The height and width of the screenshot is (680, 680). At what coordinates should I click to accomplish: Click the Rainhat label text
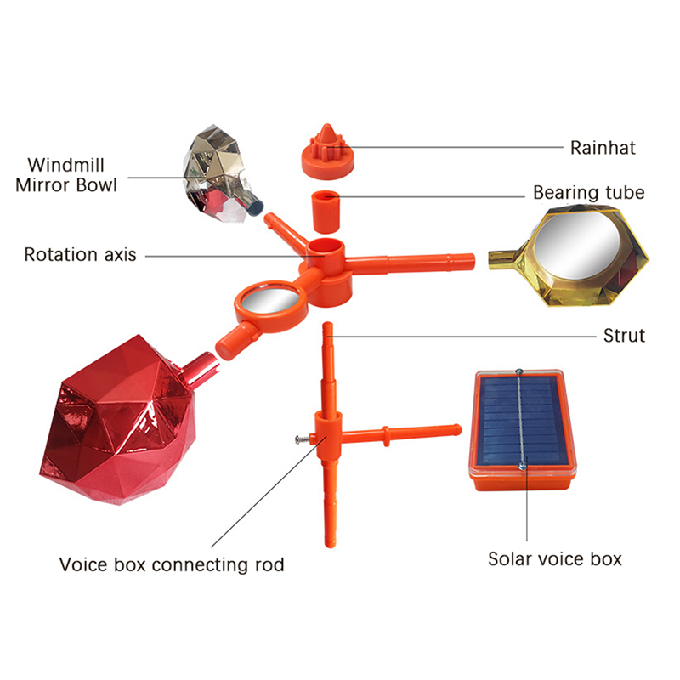(x=603, y=148)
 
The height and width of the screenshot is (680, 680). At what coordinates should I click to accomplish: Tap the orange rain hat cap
(x=327, y=153)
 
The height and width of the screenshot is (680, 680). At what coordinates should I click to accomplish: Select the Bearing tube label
(x=588, y=193)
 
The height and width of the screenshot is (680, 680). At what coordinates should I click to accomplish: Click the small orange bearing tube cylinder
(x=326, y=212)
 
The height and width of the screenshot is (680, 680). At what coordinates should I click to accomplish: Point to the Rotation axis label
(x=80, y=254)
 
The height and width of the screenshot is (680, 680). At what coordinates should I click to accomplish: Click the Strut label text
(x=624, y=336)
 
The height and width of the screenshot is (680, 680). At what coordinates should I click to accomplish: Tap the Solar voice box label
(x=555, y=559)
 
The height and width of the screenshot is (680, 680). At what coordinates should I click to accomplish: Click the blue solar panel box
(x=523, y=430)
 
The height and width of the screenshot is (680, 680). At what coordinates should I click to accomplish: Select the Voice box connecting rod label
(x=172, y=564)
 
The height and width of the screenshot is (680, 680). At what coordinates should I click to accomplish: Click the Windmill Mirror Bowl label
(x=66, y=175)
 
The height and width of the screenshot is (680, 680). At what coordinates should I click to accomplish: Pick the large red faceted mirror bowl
(x=123, y=422)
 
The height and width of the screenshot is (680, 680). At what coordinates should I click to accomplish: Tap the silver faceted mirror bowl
(x=219, y=174)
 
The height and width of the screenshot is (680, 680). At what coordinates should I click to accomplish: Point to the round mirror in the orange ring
(x=269, y=300)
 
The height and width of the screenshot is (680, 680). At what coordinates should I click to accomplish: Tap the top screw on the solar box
(x=518, y=371)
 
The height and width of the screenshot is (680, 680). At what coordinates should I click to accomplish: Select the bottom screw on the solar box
(x=523, y=466)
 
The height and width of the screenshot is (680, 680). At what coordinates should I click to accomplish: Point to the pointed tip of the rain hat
(x=327, y=126)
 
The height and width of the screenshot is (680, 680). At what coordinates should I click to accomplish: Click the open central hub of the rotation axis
(x=326, y=247)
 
